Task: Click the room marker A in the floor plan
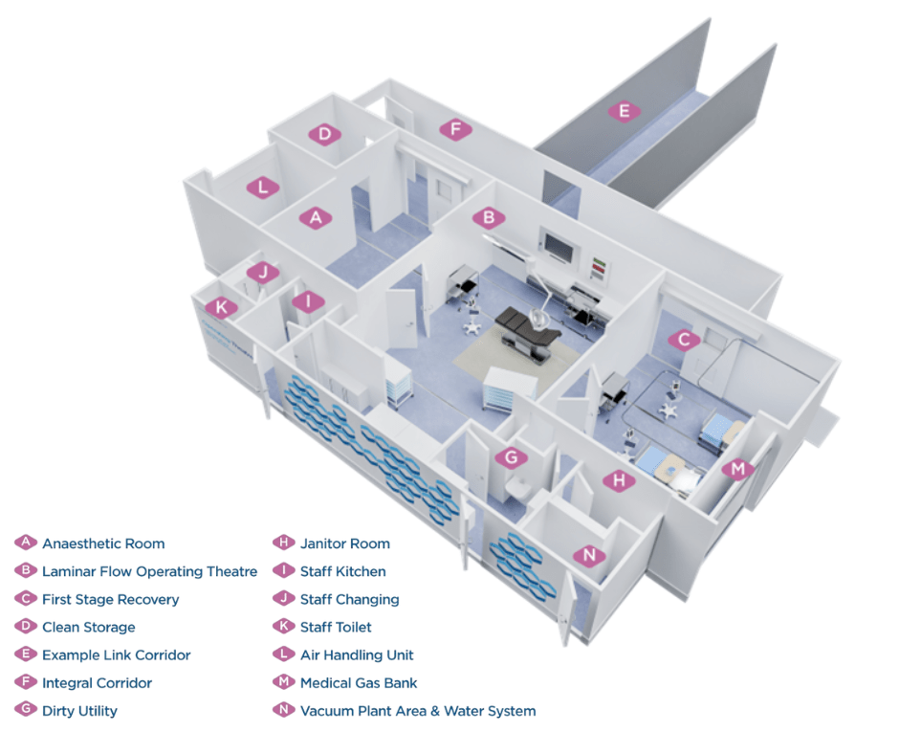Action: tap(316, 218)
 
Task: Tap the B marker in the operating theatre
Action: tap(489, 218)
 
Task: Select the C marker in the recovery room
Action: tap(683, 339)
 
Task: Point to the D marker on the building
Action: tap(325, 134)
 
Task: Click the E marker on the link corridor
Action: tap(624, 112)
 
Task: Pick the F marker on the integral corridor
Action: tap(456, 129)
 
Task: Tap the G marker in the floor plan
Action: tap(512, 457)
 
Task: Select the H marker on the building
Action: tap(620, 481)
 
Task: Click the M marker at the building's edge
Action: tap(737, 469)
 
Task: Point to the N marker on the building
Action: tap(589, 556)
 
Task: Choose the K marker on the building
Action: tap(221, 307)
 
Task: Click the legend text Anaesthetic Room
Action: tap(103, 543)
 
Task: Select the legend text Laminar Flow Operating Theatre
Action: tap(149, 571)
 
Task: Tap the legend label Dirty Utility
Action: tap(79, 711)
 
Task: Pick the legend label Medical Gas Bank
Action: tap(359, 683)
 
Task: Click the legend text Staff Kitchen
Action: tap(342, 571)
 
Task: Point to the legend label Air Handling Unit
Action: tap(357, 655)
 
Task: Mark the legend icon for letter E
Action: tap(26, 655)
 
